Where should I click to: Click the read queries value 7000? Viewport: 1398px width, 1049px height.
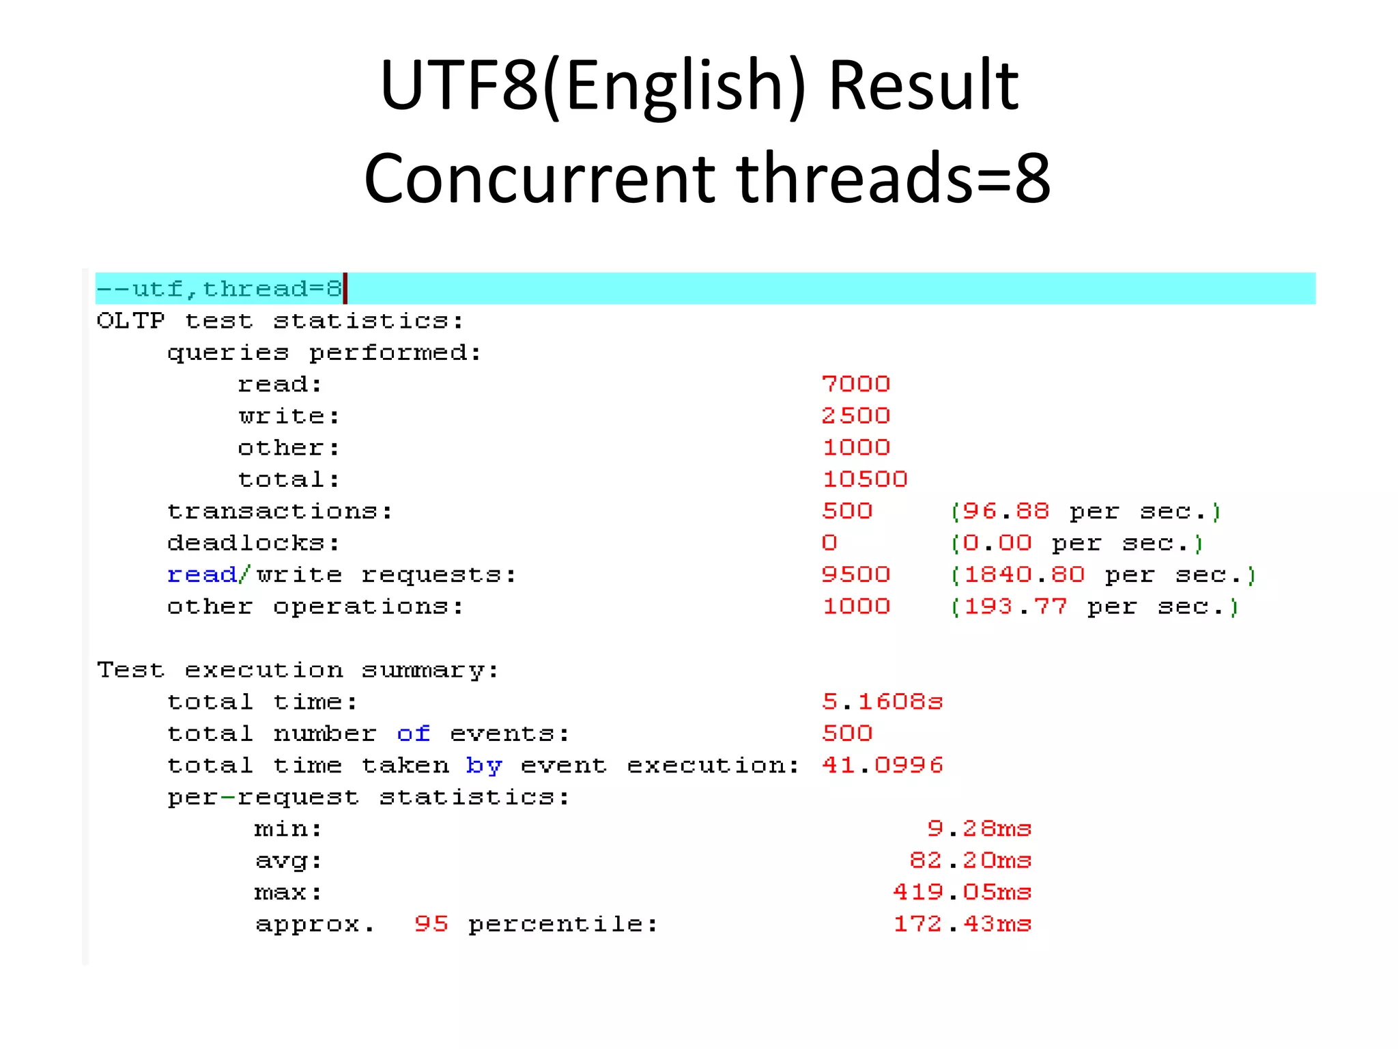[856, 384]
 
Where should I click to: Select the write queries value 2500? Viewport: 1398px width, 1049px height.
[856, 415]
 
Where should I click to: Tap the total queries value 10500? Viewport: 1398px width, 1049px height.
[865, 479]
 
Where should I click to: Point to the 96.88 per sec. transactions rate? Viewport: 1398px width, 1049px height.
[1085, 511]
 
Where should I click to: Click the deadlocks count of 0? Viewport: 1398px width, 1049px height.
[829, 543]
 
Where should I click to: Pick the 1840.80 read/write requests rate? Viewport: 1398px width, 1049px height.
[1103, 575]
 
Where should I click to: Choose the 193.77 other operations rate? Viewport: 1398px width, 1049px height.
[1094, 606]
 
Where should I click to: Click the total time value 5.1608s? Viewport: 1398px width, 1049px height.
[882, 701]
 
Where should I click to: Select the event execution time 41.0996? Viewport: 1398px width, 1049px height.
[882, 765]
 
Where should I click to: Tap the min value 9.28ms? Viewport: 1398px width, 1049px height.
[979, 828]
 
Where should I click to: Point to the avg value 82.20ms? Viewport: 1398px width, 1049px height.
[970, 861]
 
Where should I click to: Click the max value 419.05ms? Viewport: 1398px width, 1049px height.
[962, 892]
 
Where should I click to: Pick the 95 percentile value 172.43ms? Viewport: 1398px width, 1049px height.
[962, 924]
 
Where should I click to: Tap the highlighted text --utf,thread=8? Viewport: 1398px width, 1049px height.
[218, 289]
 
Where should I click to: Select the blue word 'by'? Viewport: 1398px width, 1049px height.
[483, 766]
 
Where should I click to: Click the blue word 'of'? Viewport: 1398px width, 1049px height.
[413, 733]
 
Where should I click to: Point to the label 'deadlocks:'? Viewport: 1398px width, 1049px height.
[253, 543]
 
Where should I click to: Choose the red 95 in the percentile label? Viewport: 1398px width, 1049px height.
[431, 924]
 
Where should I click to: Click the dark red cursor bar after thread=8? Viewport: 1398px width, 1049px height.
[345, 288]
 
